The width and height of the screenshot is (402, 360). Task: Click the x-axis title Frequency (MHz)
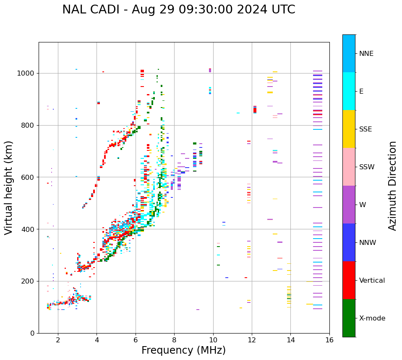[x=183, y=350]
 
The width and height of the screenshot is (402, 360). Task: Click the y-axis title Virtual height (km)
[x=9, y=187]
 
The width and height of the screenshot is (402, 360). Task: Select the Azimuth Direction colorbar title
[x=392, y=186]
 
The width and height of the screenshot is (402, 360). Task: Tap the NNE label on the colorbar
[x=366, y=54]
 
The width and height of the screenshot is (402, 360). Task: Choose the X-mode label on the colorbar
[x=372, y=318]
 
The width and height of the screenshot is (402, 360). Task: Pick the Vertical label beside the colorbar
[x=372, y=281]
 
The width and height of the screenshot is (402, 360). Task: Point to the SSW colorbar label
[x=367, y=167]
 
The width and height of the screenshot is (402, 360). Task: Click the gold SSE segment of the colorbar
[x=349, y=129]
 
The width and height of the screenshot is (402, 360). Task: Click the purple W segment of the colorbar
[x=349, y=205]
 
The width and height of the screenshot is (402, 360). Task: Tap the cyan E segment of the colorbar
[x=349, y=91]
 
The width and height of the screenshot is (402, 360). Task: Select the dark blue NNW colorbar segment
[x=349, y=242]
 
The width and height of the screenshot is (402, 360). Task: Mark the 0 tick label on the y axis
[x=33, y=333]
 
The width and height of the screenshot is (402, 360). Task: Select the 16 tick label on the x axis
[x=329, y=340]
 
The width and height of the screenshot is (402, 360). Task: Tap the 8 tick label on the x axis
[x=174, y=340]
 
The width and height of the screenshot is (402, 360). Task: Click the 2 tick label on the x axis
[x=58, y=340]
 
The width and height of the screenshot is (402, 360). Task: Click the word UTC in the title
[x=284, y=10]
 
